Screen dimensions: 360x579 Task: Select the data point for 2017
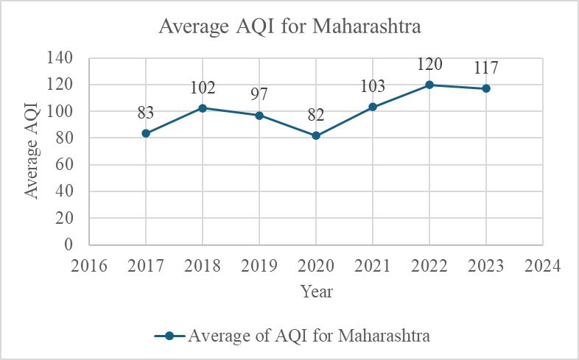(x=146, y=133)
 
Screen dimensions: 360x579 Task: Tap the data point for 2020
(x=316, y=135)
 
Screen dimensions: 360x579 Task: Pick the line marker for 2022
(x=429, y=85)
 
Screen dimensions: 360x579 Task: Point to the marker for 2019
(x=259, y=116)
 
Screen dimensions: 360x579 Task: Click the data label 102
(x=203, y=88)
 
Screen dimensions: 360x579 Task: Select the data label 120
(x=429, y=64)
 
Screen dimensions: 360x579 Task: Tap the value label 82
(x=316, y=114)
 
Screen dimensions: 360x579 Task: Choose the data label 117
(x=486, y=68)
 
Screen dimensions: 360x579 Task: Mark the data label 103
(x=373, y=87)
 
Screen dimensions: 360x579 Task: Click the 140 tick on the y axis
(x=65, y=58)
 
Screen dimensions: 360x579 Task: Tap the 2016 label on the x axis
(x=89, y=265)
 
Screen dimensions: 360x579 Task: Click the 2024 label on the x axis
(x=543, y=265)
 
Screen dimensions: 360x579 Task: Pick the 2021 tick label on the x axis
(x=373, y=265)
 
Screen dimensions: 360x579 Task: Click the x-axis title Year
(x=316, y=292)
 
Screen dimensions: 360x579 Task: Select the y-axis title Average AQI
(x=32, y=152)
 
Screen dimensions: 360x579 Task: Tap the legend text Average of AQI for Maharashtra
(x=309, y=336)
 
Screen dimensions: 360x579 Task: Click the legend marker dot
(x=169, y=336)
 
